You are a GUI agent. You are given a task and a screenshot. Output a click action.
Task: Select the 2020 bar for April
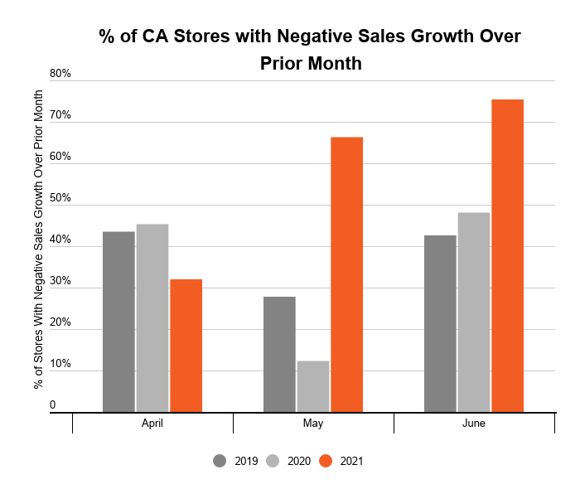click(152, 318)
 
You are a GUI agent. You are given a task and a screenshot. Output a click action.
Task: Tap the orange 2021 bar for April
click(186, 346)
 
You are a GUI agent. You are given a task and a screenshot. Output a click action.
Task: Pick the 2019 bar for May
click(279, 354)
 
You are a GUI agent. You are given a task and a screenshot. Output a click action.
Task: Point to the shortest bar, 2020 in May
click(313, 386)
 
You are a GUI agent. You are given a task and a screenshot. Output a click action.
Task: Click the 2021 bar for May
click(346, 274)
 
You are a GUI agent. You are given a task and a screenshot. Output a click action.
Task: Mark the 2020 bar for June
click(474, 312)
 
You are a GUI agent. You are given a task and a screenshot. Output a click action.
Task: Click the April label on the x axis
click(152, 424)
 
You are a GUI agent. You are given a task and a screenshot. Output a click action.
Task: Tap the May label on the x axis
click(313, 424)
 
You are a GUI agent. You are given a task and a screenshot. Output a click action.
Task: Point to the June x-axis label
click(474, 424)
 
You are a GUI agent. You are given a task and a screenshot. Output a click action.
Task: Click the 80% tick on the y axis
click(60, 74)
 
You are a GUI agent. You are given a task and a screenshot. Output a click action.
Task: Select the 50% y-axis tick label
click(60, 199)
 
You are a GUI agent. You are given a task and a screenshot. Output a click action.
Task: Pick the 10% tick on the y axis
click(60, 365)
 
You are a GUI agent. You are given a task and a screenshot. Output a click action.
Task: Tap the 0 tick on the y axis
click(52, 405)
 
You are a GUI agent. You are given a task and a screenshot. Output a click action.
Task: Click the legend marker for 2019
click(220, 461)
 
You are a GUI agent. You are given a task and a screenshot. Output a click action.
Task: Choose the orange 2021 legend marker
click(326, 461)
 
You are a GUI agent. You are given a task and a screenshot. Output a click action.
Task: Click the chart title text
click(310, 49)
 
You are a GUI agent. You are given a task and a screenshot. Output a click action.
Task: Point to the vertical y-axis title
click(38, 240)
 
